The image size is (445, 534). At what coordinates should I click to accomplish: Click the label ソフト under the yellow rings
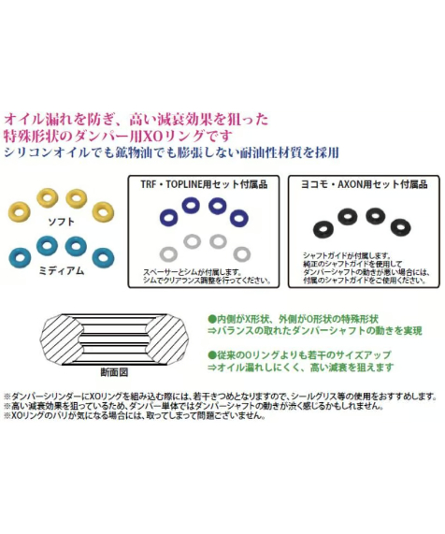[x=62, y=223]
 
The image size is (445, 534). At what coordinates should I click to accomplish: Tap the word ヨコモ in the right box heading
[x=323, y=184]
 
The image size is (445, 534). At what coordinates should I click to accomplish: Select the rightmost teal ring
[x=103, y=257]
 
